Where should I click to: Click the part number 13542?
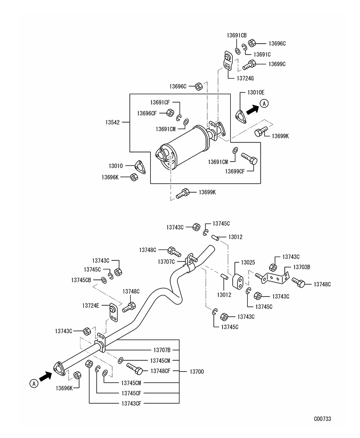pyautogui.click(x=112, y=122)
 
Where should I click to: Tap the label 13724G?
pyautogui.click(x=245, y=79)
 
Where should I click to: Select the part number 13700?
pyautogui.click(x=197, y=372)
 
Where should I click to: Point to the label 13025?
pyautogui.click(x=248, y=262)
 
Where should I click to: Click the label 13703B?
pyautogui.click(x=302, y=267)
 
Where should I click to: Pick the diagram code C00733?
pyautogui.click(x=323, y=419)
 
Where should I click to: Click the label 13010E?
pyautogui.click(x=256, y=92)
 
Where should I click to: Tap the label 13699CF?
pyautogui.click(x=235, y=171)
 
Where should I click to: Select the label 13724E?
pyautogui.click(x=90, y=305)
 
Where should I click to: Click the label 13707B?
pyautogui.click(x=162, y=350)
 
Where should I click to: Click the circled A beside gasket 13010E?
pyautogui.click(x=264, y=103)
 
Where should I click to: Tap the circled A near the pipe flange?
pyautogui.click(x=34, y=383)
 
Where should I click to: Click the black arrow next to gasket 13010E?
pyautogui.click(x=252, y=109)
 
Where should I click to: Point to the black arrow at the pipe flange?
pyautogui.click(x=45, y=376)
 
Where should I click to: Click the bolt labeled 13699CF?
pyautogui.click(x=249, y=159)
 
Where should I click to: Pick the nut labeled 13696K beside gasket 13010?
pyautogui.click(x=134, y=177)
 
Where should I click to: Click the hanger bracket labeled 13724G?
pyautogui.click(x=228, y=60)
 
